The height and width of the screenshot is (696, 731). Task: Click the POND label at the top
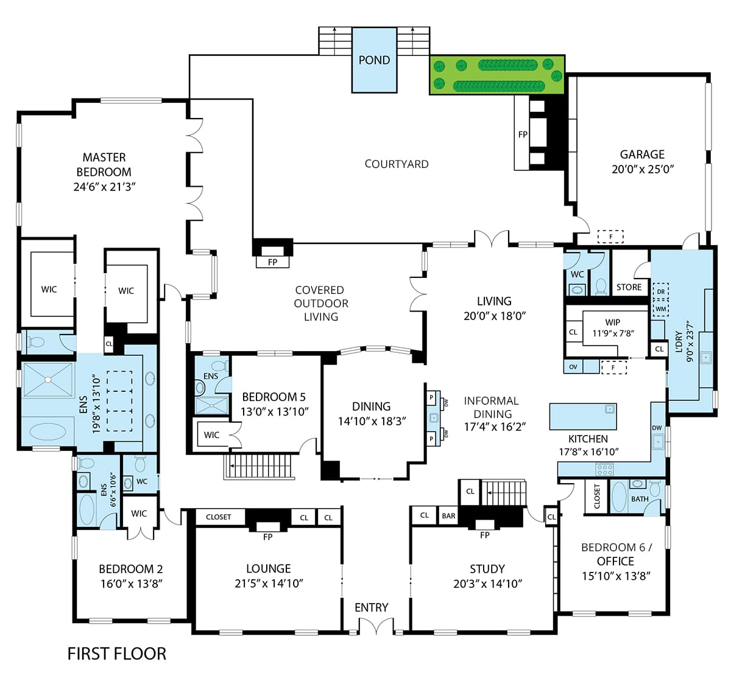coord(374,60)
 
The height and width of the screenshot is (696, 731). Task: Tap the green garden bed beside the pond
coord(497,75)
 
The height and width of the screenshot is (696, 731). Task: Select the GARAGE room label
coord(642,155)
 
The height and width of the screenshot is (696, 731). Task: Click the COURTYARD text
coord(397,164)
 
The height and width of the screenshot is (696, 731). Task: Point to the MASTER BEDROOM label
coord(104,165)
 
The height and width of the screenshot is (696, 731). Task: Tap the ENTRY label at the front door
coord(371,608)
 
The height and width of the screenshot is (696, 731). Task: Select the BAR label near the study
coord(448,516)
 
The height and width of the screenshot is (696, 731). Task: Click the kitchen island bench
coord(583,416)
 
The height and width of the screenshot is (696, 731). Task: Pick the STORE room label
coord(629,287)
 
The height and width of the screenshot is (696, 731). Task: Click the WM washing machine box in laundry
coord(660,308)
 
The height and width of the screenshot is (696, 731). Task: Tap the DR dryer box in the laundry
coord(660,291)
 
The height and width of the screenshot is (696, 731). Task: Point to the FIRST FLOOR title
coord(116,654)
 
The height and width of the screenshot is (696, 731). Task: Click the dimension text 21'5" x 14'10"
coord(269,583)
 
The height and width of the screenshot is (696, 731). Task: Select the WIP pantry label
coord(612,322)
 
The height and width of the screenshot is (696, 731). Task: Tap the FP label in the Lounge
coord(267,537)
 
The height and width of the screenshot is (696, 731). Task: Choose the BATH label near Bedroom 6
coord(640,499)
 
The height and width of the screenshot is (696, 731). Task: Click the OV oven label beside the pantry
coord(573,367)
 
